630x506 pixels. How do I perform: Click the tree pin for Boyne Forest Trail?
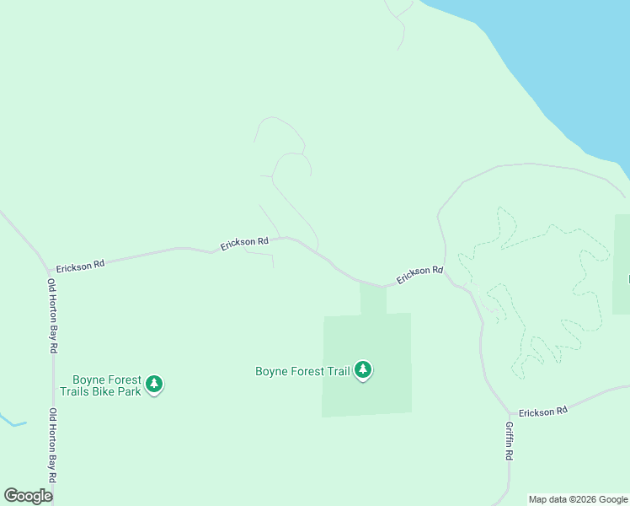(363, 369)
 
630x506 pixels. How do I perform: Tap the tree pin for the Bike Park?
(153, 385)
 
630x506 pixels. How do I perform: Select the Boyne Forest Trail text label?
(302, 371)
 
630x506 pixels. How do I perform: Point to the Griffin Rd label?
(510, 440)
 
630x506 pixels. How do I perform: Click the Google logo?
(28, 496)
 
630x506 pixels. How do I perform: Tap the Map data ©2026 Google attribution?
(578, 500)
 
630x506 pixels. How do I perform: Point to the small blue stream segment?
(12, 422)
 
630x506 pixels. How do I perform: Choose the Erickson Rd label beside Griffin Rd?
(543, 412)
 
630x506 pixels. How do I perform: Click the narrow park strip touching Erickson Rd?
(373, 299)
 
